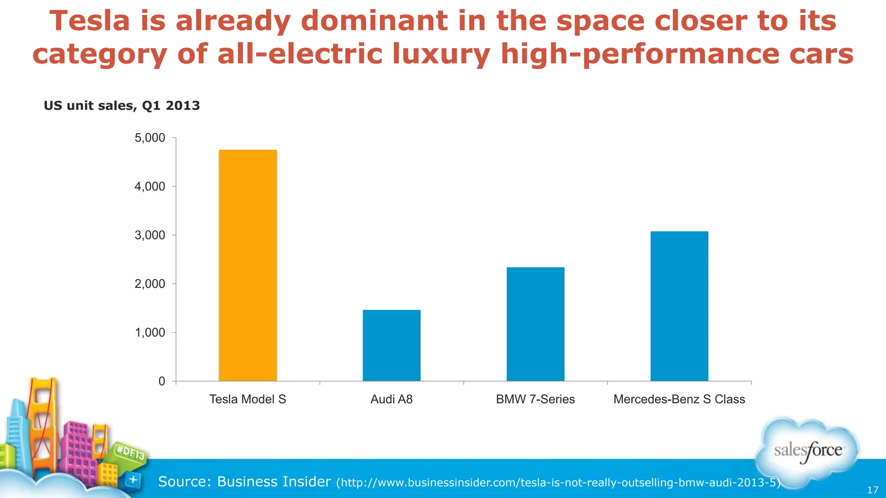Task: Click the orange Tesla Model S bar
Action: pos(247,265)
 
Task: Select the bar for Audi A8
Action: pos(392,345)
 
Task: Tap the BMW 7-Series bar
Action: pos(536,324)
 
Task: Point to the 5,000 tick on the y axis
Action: pos(150,138)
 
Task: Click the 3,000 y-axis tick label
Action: pos(150,235)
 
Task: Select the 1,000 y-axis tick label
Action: pos(150,332)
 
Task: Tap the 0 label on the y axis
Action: pos(162,381)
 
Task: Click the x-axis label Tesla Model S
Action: pos(247,399)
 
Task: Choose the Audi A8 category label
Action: pos(392,399)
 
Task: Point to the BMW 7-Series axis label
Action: pos(536,399)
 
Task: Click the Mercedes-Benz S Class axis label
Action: pos(679,399)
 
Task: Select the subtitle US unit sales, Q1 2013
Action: pos(122,105)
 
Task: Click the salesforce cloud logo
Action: pos(807,450)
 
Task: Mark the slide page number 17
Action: pos(873,490)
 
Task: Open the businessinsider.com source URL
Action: pos(558,482)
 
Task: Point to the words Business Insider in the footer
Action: pos(274,481)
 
